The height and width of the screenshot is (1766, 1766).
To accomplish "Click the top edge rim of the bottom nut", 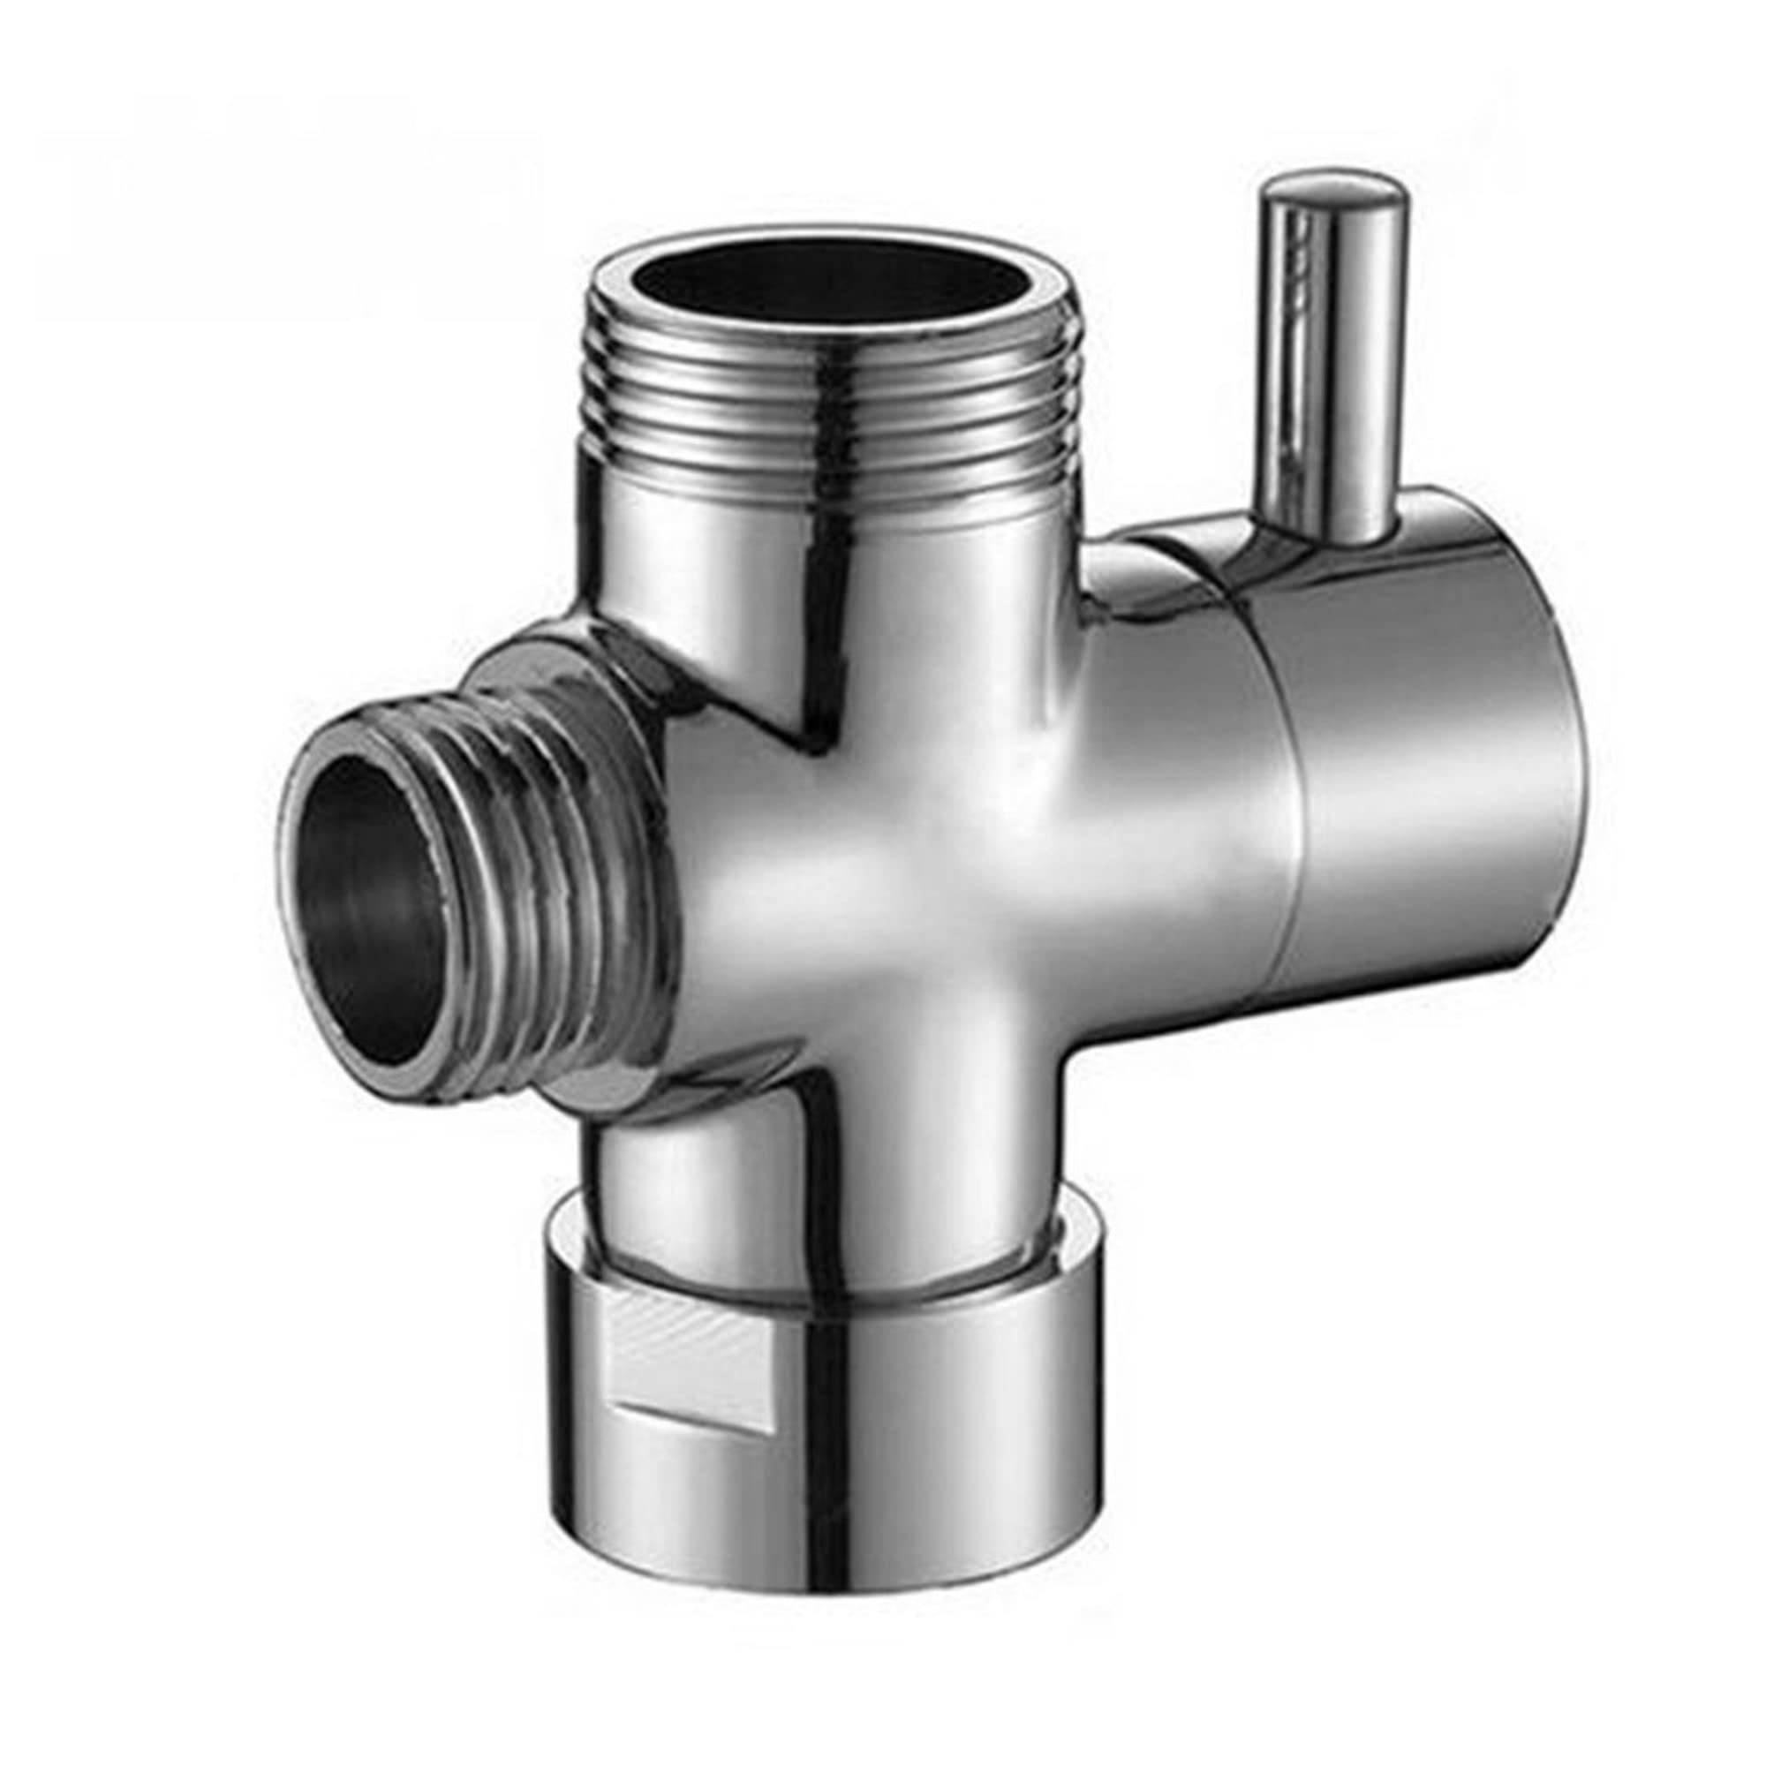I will [823, 1275].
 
